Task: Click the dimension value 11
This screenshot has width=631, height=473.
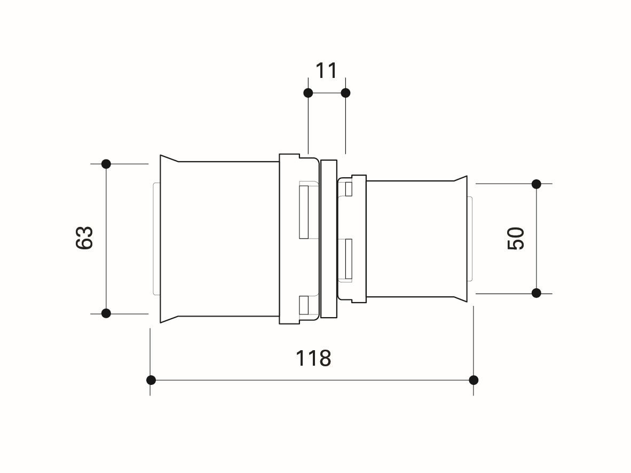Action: (x=326, y=71)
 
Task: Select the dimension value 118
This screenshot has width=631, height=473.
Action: (x=313, y=358)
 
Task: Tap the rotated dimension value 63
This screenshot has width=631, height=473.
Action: (x=84, y=238)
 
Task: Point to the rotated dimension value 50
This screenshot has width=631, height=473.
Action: (x=516, y=238)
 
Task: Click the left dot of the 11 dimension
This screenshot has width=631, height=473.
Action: (x=308, y=93)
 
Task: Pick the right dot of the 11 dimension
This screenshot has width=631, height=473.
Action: (x=345, y=93)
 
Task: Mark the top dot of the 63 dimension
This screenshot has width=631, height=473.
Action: (x=106, y=164)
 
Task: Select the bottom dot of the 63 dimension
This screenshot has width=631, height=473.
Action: (x=106, y=313)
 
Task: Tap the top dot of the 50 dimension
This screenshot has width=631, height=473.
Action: (x=536, y=184)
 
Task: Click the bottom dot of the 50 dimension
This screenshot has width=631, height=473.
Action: (x=536, y=293)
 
